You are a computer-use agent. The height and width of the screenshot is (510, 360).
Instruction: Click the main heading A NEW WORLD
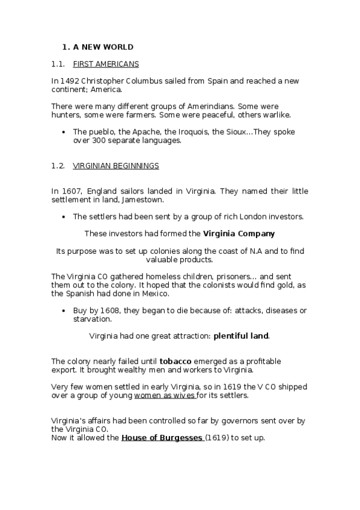[x=103, y=47]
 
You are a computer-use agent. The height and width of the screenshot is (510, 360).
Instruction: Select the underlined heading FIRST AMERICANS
[x=105, y=63]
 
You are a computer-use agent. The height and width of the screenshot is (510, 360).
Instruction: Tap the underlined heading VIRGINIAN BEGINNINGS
[x=115, y=165]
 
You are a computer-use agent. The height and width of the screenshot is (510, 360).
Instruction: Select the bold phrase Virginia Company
[x=239, y=233]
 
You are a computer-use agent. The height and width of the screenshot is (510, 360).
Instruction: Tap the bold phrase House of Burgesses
[x=162, y=438]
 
